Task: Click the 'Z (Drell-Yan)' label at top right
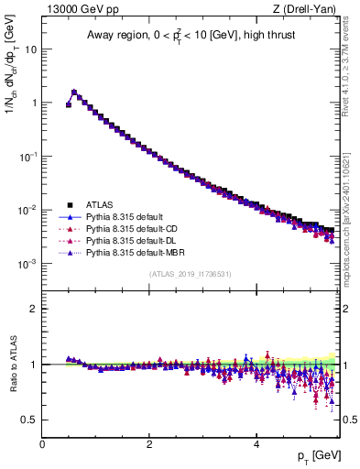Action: click(308, 9)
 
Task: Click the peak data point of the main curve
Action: click(74, 92)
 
